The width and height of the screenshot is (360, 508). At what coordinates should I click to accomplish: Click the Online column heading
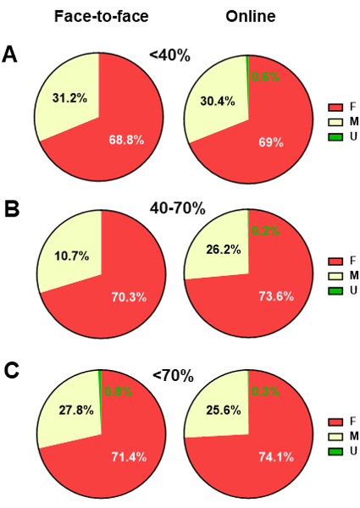(x=250, y=17)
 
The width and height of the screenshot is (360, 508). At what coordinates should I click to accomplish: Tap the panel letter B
(x=11, y=208)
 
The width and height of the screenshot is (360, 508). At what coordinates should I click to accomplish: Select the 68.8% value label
(x=125, y=139)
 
